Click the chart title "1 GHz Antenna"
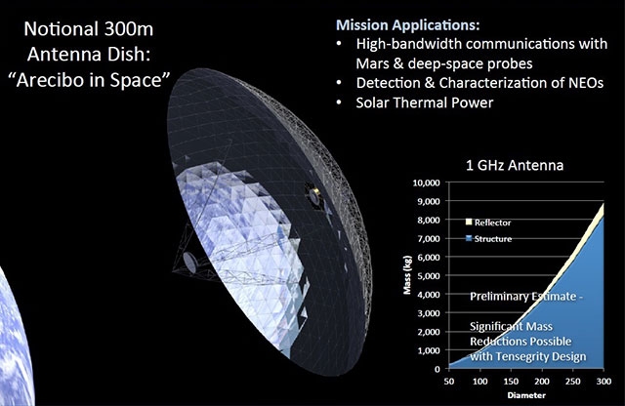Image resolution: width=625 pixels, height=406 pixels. point(515,165)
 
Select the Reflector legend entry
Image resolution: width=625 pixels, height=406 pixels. point(488,223)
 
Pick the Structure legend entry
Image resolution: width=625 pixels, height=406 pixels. point(488,239)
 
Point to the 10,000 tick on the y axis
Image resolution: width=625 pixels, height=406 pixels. point(426,183)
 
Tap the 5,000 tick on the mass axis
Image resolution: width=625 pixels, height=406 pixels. point(429,276)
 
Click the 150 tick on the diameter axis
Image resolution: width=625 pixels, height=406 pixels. point(511,382)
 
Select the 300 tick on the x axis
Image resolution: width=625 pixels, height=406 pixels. point(604,382)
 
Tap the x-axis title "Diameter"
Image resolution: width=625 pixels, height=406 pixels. point(526,395)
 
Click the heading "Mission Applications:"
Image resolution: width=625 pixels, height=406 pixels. point(408,25)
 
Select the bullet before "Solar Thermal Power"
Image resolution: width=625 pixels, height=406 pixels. point(339,102)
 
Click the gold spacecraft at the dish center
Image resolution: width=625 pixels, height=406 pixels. point(315,195)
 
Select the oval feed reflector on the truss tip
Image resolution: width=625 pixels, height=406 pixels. point(189,263)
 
